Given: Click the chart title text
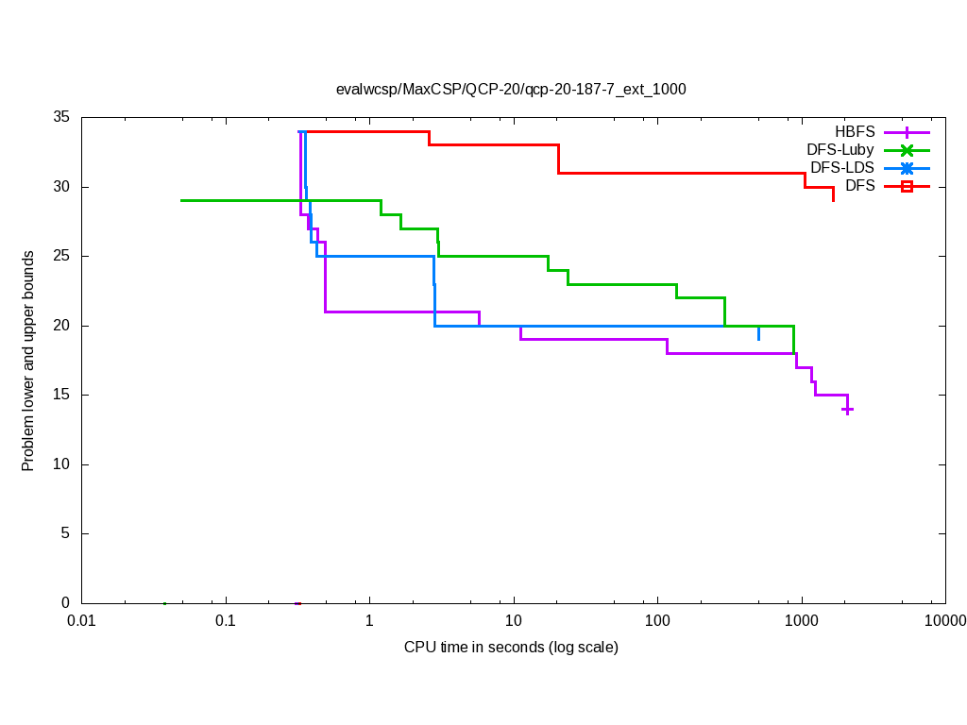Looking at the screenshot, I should pyautogui.click(x=511, y=90).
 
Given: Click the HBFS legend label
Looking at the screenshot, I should pyautogui.click(x=855, y=131).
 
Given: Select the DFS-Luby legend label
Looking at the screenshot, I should pyautogui.click(x=840, y=150).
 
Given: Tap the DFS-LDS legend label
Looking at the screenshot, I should pyautogui.click(x=842, y=168).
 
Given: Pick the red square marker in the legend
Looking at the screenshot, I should pyautogui.click(x=907, y=187).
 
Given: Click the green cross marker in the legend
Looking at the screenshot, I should pyautogui.click(x=907, y=150).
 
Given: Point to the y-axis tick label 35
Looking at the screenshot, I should pyautogui.click(x=61, y=118).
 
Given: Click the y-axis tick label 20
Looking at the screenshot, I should pyautogui.click(x=61, y=326).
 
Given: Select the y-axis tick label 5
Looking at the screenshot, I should pyautogui.click(x=65, y=533).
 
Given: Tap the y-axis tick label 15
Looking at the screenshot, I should pyautogui.click(x=61, y=396).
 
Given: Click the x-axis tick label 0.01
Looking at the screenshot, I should pyautogui.click(x=81, y=621).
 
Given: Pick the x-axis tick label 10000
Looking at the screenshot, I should pyautogui.click(x=944, y=621).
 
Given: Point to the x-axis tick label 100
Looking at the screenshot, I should pyautogui.click(x=657, y=621).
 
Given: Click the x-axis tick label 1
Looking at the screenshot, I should pyautogui.click(x=369, y=621).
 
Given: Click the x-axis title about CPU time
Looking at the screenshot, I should pyautogui.click(x=511, y=648).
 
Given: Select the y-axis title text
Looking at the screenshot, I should pyautogui.click(x=28, y=361).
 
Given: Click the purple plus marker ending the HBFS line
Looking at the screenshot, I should pyautogui.click(x=848, y=410).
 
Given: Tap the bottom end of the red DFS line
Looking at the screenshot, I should pyautogui.click(x=833, y=200).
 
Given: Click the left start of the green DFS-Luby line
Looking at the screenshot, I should pyautogui.click(x=181, y=200).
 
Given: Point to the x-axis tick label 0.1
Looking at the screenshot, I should pyautogui.click(x=226, y=621).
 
